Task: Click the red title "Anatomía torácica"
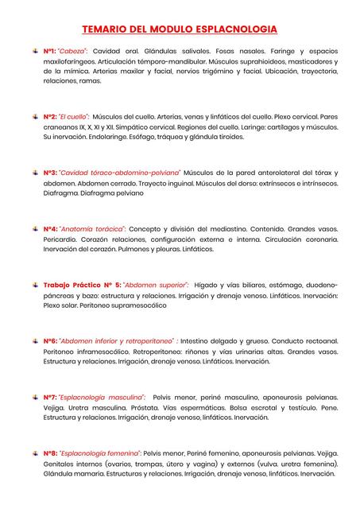[94, 229]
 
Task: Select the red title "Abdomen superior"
[156, 284]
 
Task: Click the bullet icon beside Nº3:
[34, 172]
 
